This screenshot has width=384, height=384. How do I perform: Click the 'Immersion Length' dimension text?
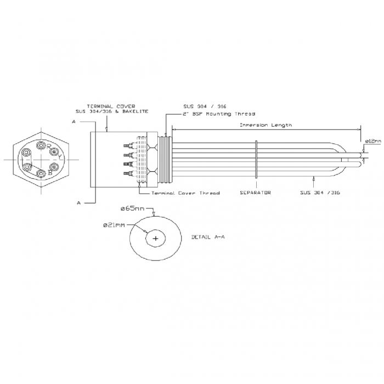266,125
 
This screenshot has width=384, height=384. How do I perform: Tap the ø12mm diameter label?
373,141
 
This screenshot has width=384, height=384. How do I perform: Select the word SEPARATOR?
256,193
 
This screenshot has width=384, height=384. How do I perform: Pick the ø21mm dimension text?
114,225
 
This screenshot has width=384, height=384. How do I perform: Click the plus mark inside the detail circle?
156,239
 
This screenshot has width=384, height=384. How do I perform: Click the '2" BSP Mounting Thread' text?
211,115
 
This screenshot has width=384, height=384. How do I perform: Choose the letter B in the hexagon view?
50,172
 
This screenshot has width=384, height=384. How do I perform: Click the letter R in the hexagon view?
48,146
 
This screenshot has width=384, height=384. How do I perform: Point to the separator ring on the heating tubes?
256,159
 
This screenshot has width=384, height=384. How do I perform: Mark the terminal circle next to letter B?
41,173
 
